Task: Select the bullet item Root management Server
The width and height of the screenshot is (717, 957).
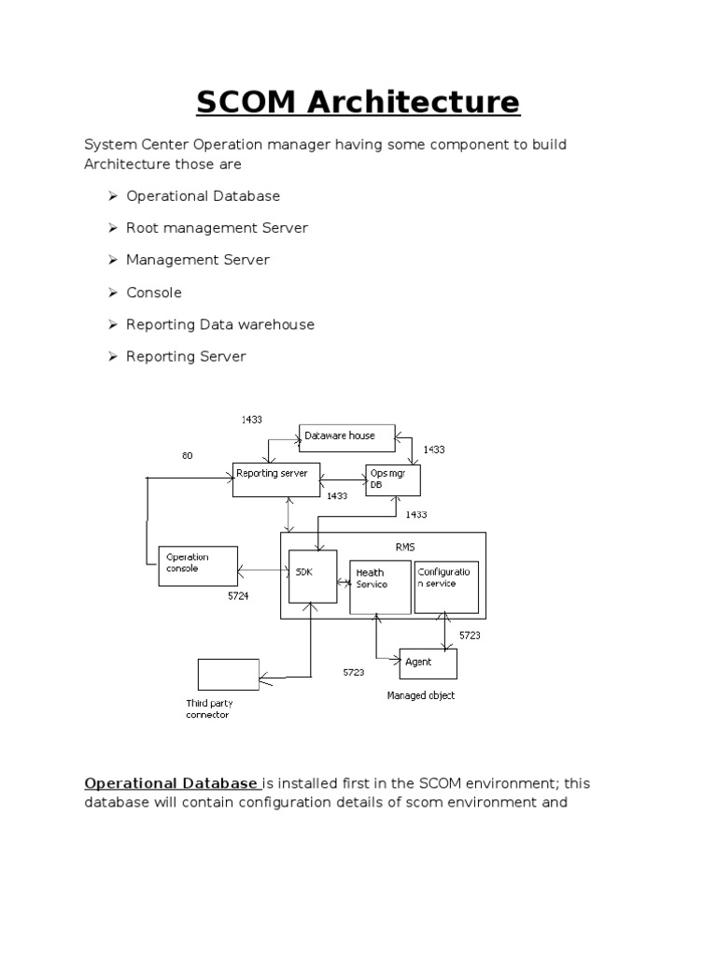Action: pos(217,228)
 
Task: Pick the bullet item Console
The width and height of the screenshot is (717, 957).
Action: pos(154,293)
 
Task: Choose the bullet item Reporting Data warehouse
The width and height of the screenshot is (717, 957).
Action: pos(220,324)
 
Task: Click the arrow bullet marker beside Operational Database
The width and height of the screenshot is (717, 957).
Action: pos(112,196)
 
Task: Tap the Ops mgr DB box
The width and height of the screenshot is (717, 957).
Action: pos(393,479)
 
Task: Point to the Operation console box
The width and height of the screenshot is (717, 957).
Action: pos(198,565)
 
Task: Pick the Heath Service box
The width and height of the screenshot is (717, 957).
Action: pos(380,587)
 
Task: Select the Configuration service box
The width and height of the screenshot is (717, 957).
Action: pos(446,587)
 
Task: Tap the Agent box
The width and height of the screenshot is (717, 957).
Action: pos(429,663)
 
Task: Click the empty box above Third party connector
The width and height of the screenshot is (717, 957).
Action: pos(229,674)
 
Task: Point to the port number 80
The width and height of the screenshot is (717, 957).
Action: pos(188,456)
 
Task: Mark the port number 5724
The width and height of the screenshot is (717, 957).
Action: pos(238,595)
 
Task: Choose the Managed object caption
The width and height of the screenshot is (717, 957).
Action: pos(421,696)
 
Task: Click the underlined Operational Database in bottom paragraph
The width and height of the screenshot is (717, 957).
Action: pos(171,783)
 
